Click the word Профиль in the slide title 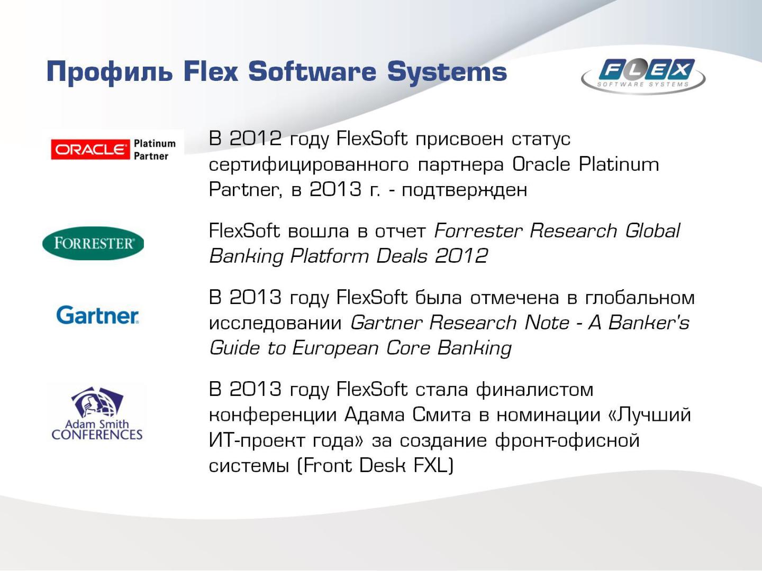[110, 72]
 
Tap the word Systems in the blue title [447, 72]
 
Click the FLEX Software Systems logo [643, 75]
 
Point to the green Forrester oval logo [93, 243]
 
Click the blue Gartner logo [97, 315]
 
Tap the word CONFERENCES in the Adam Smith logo [97, 435]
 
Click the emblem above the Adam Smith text [97, 402]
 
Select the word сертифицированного [309, 164]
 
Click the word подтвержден [464, 190]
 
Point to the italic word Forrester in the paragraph [478, 231]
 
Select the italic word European [335, 348]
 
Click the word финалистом [534, 390]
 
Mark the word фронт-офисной [567, 440]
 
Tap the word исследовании [275, 323]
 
